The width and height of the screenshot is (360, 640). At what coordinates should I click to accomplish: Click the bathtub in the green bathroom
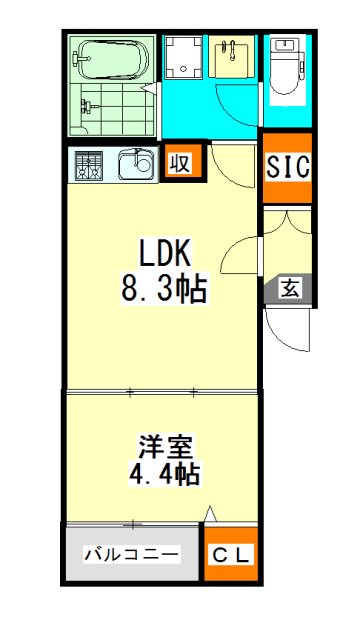(x=111, y=60)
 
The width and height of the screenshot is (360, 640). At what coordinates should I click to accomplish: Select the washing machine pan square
(x=184, y=57)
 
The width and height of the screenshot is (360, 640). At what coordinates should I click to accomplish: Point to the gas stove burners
(x=89, y=165)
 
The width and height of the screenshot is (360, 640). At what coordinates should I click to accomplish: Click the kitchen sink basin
(x=137, y=164)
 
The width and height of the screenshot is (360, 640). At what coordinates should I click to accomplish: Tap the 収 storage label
(x=180, y=163)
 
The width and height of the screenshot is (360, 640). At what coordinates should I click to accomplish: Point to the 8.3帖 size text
(x=163, y=289)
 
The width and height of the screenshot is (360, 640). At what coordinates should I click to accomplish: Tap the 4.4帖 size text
(x=165, y=475)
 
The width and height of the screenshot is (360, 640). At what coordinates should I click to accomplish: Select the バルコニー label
(x=131, y=555)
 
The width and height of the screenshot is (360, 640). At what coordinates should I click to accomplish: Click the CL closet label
(x=231, y=555)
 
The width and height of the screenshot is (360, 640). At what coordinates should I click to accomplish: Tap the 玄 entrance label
(x=289, y=290)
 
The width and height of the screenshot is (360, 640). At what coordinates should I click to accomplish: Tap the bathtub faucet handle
(x=81, y=58)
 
